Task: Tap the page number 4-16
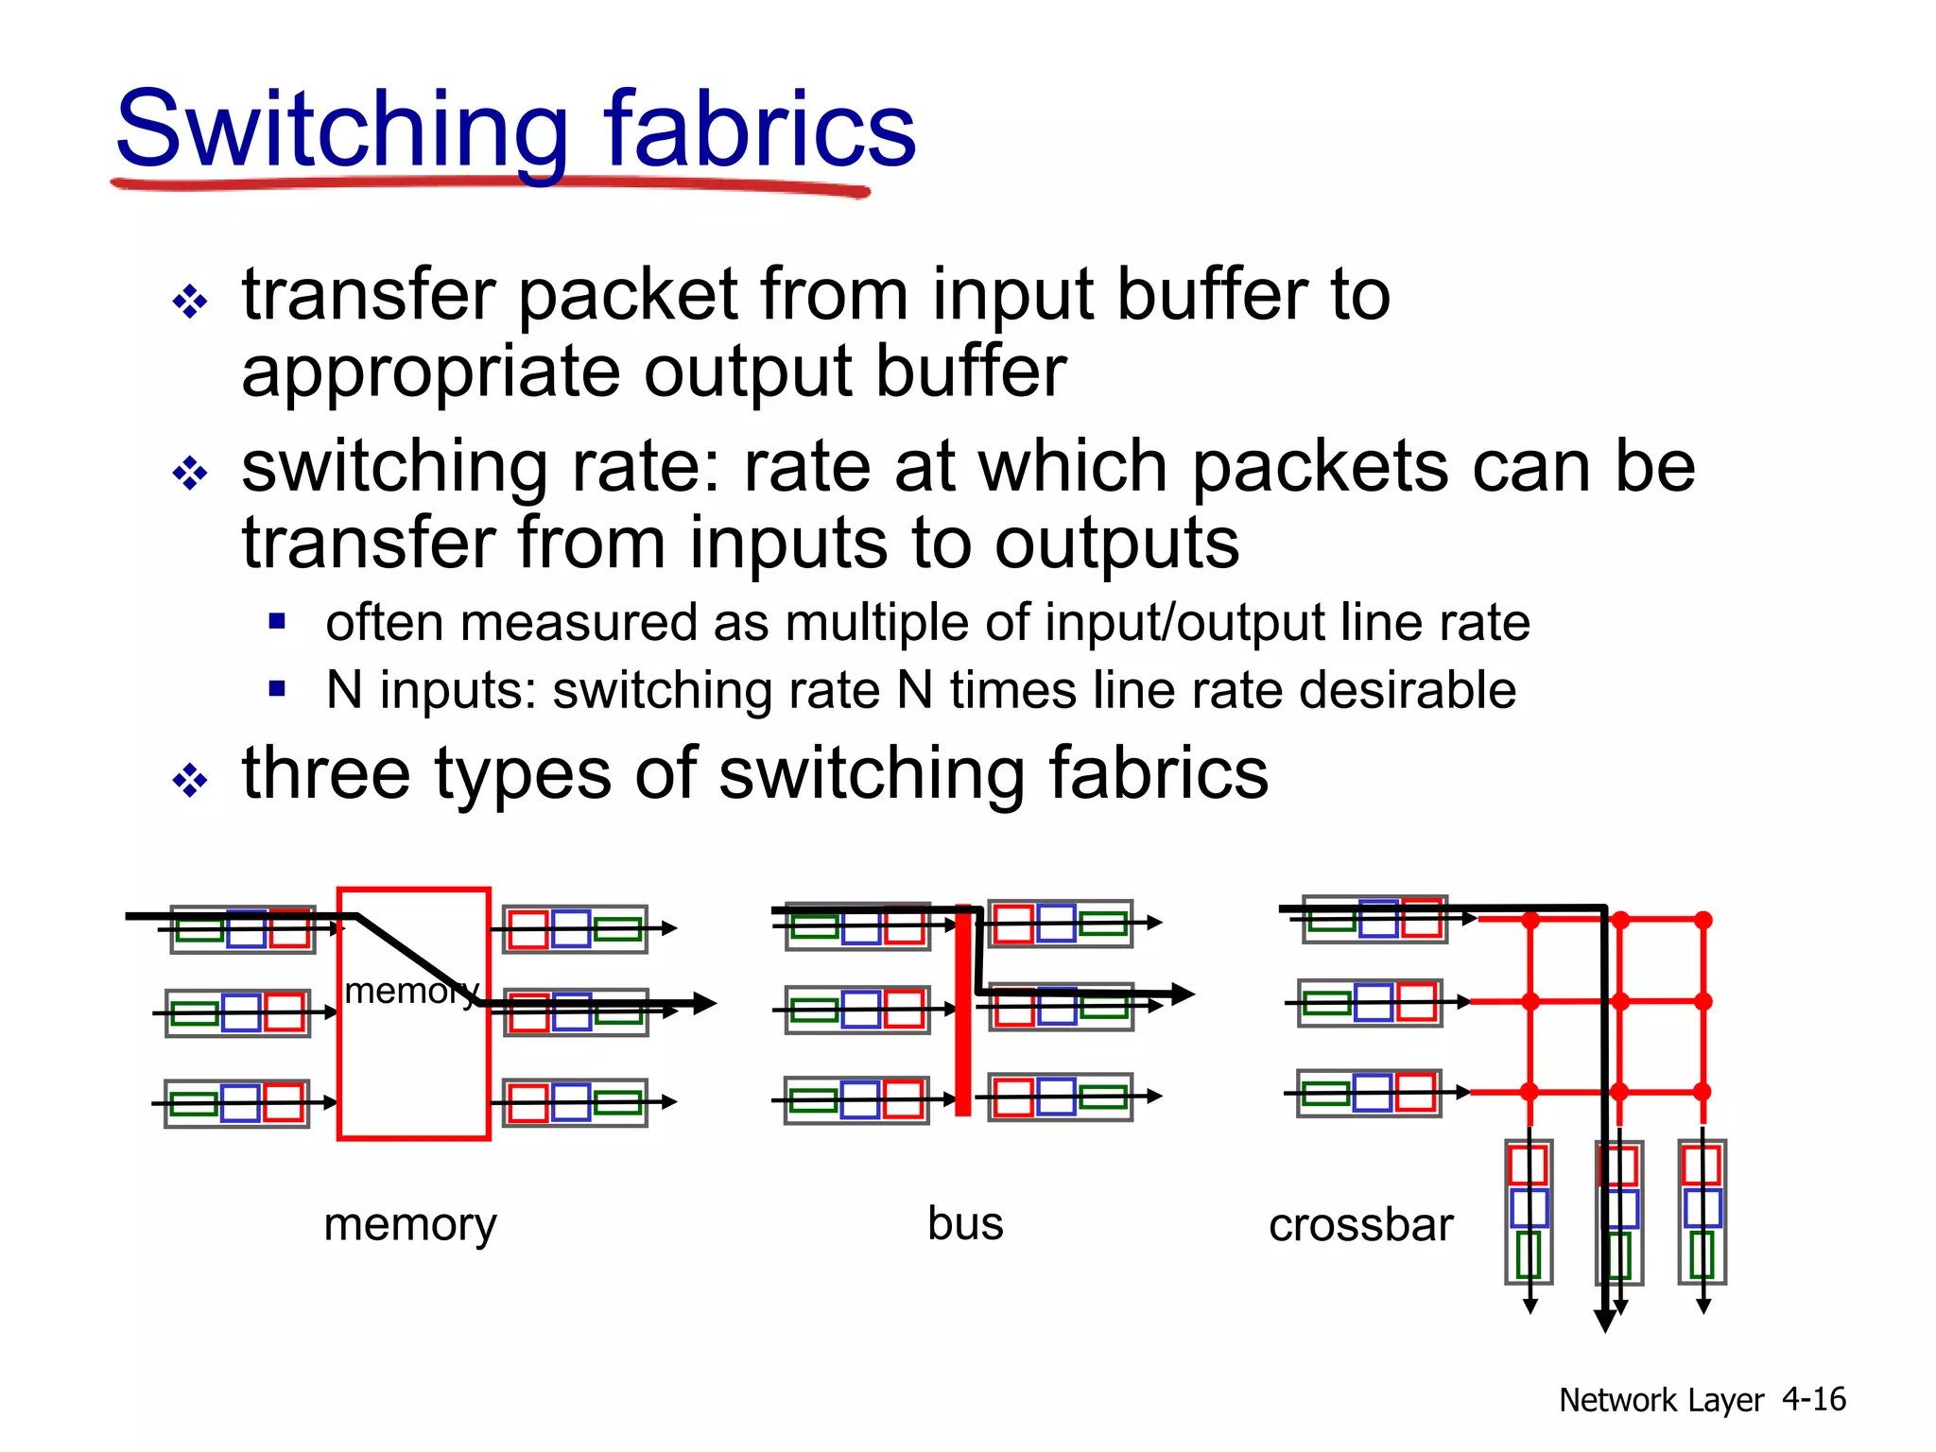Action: pos(1813,1399)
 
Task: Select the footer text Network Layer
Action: pos(1661,1400)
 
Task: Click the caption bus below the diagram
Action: pos(965,1223)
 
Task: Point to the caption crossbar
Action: pos(1360,1225)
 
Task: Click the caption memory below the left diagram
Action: pos(409,1224)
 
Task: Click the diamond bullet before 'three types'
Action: pos(190,781)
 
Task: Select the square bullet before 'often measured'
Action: pos(277,621)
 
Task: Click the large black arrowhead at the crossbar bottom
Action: pos(1604,1321)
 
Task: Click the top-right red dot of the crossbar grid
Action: pos(1703,920)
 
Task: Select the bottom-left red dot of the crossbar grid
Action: pos(1530,1092)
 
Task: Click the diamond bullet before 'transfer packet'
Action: pos(190,302)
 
